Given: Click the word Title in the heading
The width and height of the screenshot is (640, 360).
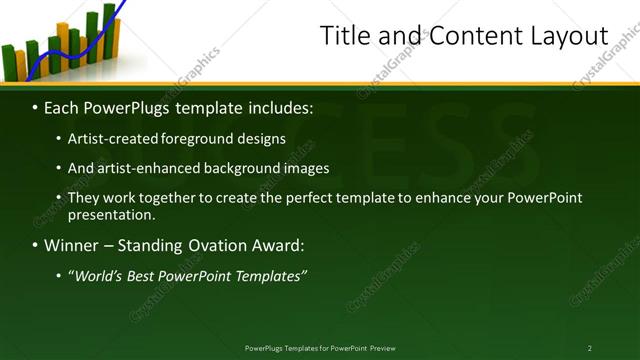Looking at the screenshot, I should [344, 36].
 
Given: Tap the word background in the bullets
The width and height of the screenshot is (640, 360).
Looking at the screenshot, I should [235, 168].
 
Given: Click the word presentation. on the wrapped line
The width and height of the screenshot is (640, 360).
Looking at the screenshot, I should [111, 214].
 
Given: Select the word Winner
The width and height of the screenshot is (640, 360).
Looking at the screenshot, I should [71, 245].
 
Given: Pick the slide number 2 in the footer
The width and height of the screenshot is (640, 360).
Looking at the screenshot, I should [590, 348].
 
